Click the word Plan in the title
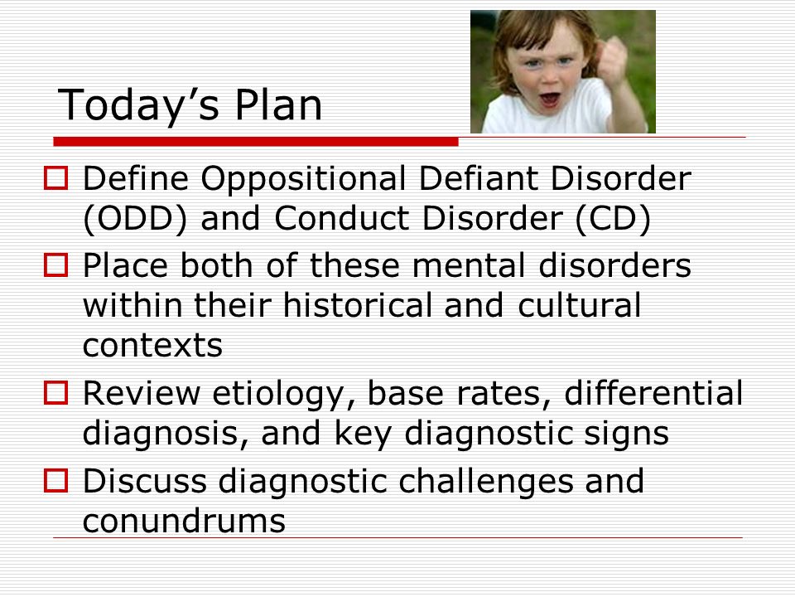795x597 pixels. coord(278,104)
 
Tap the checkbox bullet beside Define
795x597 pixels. coord(55,178)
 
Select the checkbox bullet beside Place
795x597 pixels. coord(55,265)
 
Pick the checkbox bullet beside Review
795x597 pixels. coord(55,393)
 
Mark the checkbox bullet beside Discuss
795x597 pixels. coord(55,480)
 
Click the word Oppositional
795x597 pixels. coord(303,180)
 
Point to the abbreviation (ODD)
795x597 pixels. coord(135,219)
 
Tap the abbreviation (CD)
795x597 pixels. coord(614,219)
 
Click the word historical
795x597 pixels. coord(357,305)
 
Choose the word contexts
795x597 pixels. coord(152,346)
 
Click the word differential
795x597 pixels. coord(653,392)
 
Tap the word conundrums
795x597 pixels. coord(184,521)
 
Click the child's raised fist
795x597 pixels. coord(611,60)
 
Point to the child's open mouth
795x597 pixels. coord(550,99)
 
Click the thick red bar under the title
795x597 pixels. coord(256,142)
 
